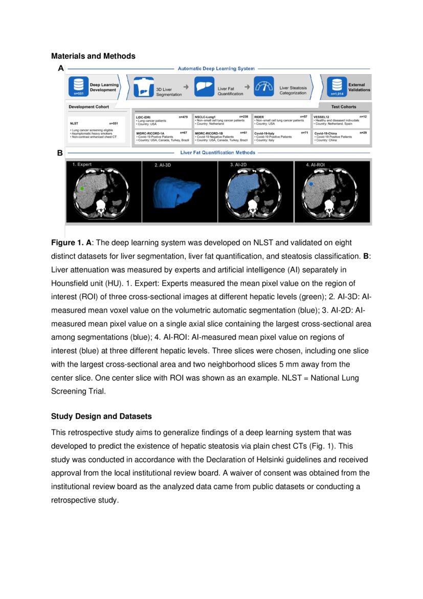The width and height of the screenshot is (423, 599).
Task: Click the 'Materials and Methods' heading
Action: coord(93,56)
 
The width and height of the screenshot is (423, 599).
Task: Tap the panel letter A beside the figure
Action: coord(61,68)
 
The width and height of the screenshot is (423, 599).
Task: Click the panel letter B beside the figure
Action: coord(60,153)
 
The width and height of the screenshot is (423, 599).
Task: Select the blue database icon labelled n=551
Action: coord(78,86)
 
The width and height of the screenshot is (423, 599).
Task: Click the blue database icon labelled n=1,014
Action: coord(336,86)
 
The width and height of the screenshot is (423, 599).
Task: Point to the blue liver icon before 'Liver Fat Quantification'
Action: coord(205,86)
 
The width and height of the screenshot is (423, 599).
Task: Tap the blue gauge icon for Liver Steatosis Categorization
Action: coord(264,86)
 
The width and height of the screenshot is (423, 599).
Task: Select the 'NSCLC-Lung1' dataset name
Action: coord(206,117)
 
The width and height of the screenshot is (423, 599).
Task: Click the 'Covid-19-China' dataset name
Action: coord(326,133)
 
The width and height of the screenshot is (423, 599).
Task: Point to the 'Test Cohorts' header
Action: coord(344,107)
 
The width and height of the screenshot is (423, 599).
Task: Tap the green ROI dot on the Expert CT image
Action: coord(82,189)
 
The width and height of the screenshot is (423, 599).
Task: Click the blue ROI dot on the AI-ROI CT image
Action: coord(311,183)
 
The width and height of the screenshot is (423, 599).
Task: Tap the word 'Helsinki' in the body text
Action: coord(247,459)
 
